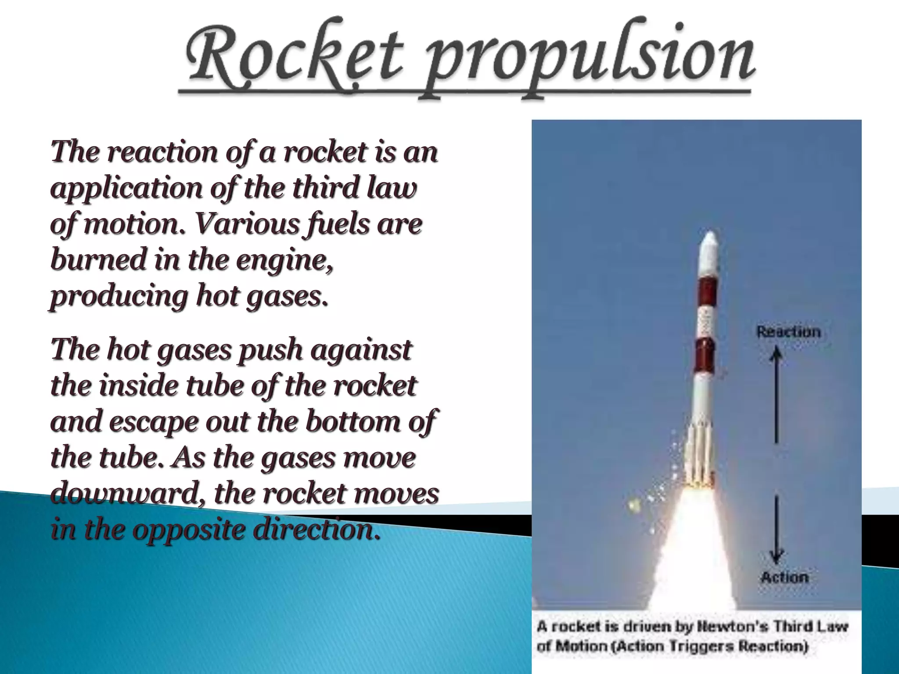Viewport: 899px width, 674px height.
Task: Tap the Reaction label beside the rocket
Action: [788, 332]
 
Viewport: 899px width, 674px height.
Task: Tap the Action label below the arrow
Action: [784, 577]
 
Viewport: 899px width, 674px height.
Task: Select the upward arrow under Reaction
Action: [776, 395]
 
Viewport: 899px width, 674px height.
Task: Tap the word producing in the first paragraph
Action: [119, 297]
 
